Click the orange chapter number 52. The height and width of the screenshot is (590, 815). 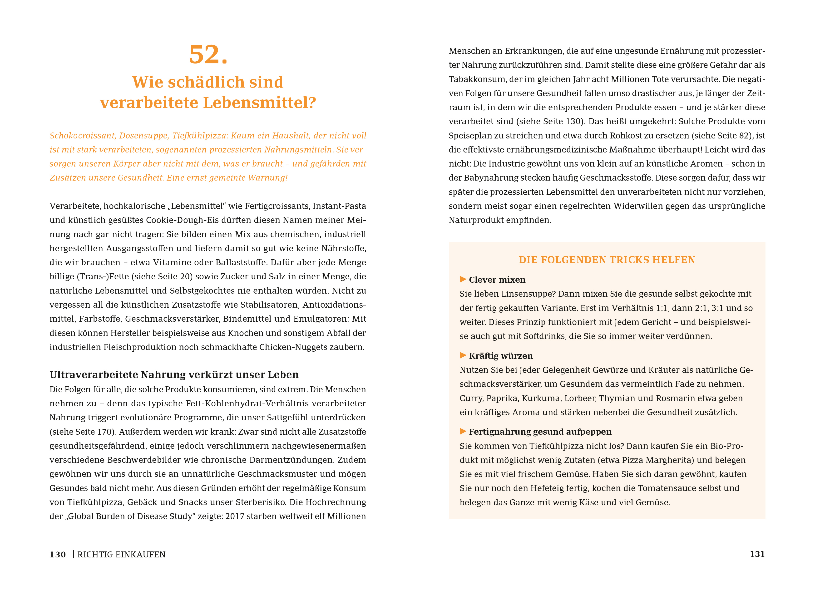208,55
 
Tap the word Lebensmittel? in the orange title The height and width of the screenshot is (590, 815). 259,103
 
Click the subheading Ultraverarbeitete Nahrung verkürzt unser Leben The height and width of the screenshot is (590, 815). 174,375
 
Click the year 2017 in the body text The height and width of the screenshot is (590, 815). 235,516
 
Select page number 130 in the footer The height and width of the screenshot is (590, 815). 58,554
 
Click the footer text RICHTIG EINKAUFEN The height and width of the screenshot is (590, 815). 121,554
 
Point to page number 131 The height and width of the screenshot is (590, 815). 757,554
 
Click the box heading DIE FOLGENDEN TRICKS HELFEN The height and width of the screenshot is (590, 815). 607,260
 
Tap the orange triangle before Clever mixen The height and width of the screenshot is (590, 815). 463,280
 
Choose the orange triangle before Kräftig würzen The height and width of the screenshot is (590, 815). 463,356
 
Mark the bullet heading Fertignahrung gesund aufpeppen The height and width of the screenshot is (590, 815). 540,432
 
